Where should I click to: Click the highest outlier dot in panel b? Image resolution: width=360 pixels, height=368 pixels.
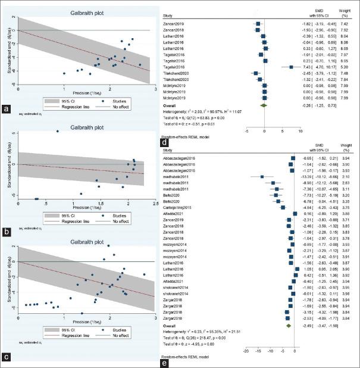57,131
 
